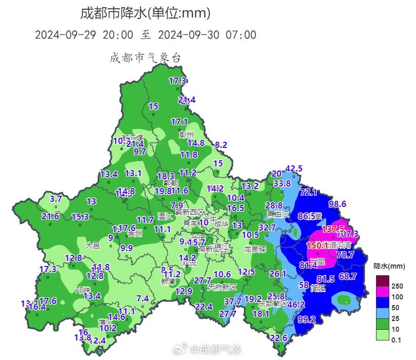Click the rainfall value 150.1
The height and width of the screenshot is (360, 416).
tap(318, 245)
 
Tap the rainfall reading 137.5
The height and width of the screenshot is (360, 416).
tap(333, 229)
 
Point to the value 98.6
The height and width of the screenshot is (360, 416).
tap(338, 204)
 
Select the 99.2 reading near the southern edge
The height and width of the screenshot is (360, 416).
tap(306, 319)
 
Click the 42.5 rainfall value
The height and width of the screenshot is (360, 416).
tap(294, 168)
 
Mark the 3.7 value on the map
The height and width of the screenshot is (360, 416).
tap(55, 198)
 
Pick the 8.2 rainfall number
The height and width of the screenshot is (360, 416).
tap(221, 145)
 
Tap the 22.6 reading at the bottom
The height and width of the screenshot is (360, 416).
tap(279, 337)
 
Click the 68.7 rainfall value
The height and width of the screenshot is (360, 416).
tap(348, 276)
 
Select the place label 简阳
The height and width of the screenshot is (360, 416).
tap(318, 288)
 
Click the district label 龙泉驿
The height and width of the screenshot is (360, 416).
tap(254, 249)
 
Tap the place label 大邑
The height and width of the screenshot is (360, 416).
tap(92, 245)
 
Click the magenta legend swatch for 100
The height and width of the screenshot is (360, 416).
tap(383, 296)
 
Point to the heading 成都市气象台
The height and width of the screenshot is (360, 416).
tap(145, 58)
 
